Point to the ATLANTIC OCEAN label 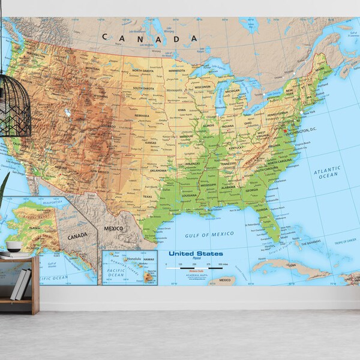point(327,173)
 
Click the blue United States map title point(195,254)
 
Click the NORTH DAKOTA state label point(143,71)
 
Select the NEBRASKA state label point(142,115)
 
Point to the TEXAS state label point(148,196)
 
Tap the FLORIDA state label point(262,210)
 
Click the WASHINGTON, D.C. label point(303,130)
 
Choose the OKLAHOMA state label point(158,170)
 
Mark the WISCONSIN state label point(203,86)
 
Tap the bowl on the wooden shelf point(14,246)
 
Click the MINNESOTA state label point(177,71)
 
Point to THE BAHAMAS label point(310,242)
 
